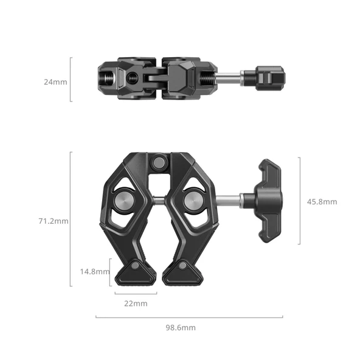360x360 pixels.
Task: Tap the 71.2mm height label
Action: tap(54, 221)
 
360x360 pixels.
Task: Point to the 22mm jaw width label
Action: tap(136, 303)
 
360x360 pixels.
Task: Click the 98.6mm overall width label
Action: tap(181, 327)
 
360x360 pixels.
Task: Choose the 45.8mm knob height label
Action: tap(322, 201)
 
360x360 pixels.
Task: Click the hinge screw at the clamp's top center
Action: tap(159, 162)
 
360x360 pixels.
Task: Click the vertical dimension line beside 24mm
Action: tap(71, 79)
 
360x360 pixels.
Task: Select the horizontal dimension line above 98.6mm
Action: tap(189, 316)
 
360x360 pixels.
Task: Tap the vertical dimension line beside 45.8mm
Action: tap(299, 201)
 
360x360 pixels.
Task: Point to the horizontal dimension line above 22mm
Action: tap(136, 293)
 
